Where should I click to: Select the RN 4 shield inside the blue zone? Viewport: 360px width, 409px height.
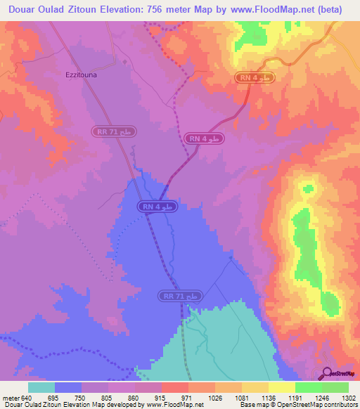pyautogui.click(x=155, y=207)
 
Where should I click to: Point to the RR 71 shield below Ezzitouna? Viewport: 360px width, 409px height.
pyautogui.click(x=114, y=131)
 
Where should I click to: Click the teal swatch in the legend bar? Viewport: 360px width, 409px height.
pyautogui.click(x=41, y=388)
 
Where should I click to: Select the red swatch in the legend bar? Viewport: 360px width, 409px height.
pyautogui.click(x=174, y=388)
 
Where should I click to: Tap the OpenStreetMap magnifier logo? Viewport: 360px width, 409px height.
pyautogui.click(x=328, y=373)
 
